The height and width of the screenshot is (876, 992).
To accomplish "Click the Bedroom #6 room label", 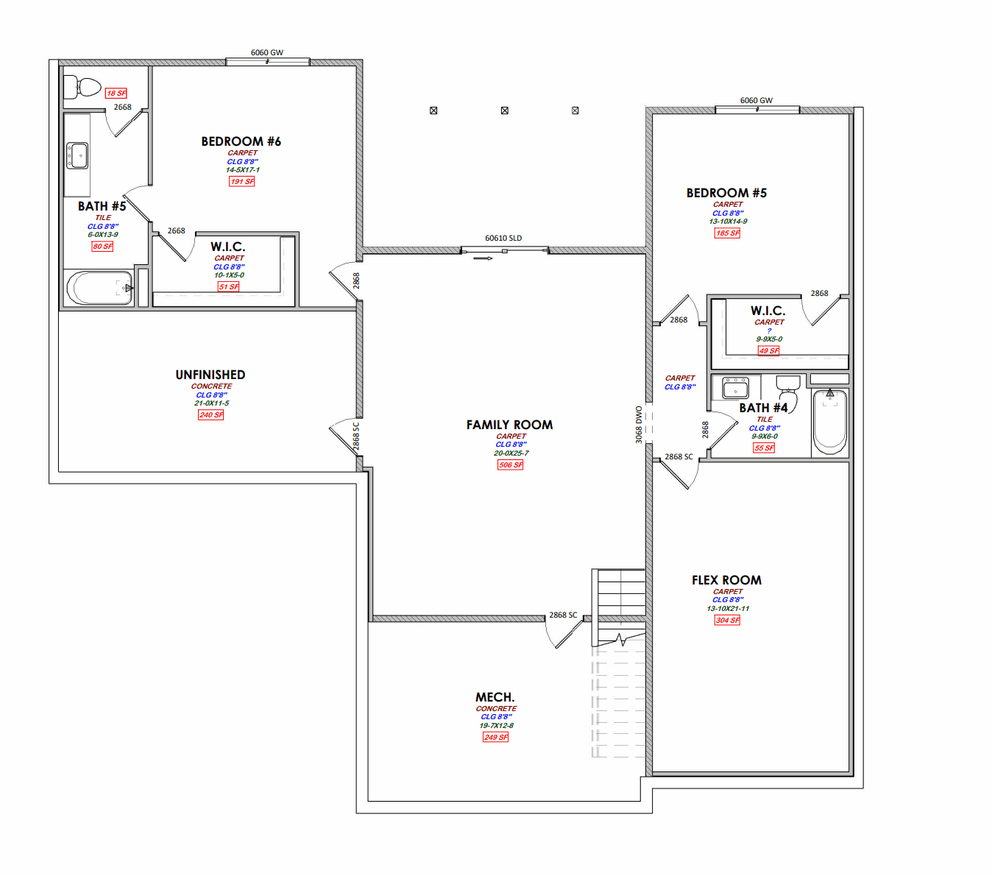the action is coord(241,141).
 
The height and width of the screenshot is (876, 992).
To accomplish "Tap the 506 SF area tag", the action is coord(510,465).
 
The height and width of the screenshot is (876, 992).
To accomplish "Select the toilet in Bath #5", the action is coord(82,87).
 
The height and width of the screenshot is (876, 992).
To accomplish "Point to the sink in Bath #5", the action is coord(77,156).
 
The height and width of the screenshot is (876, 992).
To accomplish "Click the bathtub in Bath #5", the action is coord(100,288).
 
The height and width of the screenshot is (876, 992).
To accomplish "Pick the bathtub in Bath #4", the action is coord(829,422).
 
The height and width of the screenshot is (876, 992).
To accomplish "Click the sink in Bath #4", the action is coord(735,388).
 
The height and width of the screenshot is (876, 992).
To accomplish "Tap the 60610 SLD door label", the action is coord(503,238).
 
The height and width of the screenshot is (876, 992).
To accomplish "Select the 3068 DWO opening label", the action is coord(639,425).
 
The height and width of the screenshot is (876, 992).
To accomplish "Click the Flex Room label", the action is coord(726,580).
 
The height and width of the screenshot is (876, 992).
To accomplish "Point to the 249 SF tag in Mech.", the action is coord(495,738).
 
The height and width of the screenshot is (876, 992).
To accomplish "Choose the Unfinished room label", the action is coord(210,375).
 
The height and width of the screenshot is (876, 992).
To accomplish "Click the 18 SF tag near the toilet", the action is coord(116,93).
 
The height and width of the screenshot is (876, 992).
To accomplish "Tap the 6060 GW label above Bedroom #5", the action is coord(757,100).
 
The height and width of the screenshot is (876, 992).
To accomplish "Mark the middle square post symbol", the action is coord(505,110).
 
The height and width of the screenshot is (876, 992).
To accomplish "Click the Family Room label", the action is coord(510,425).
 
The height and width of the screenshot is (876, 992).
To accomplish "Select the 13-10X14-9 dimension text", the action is coord(728,222).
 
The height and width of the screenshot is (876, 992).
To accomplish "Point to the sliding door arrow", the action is coord(483,258).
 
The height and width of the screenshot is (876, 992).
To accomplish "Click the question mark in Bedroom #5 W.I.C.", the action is coord(769,331).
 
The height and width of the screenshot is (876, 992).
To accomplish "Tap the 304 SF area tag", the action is coord(727,621).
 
